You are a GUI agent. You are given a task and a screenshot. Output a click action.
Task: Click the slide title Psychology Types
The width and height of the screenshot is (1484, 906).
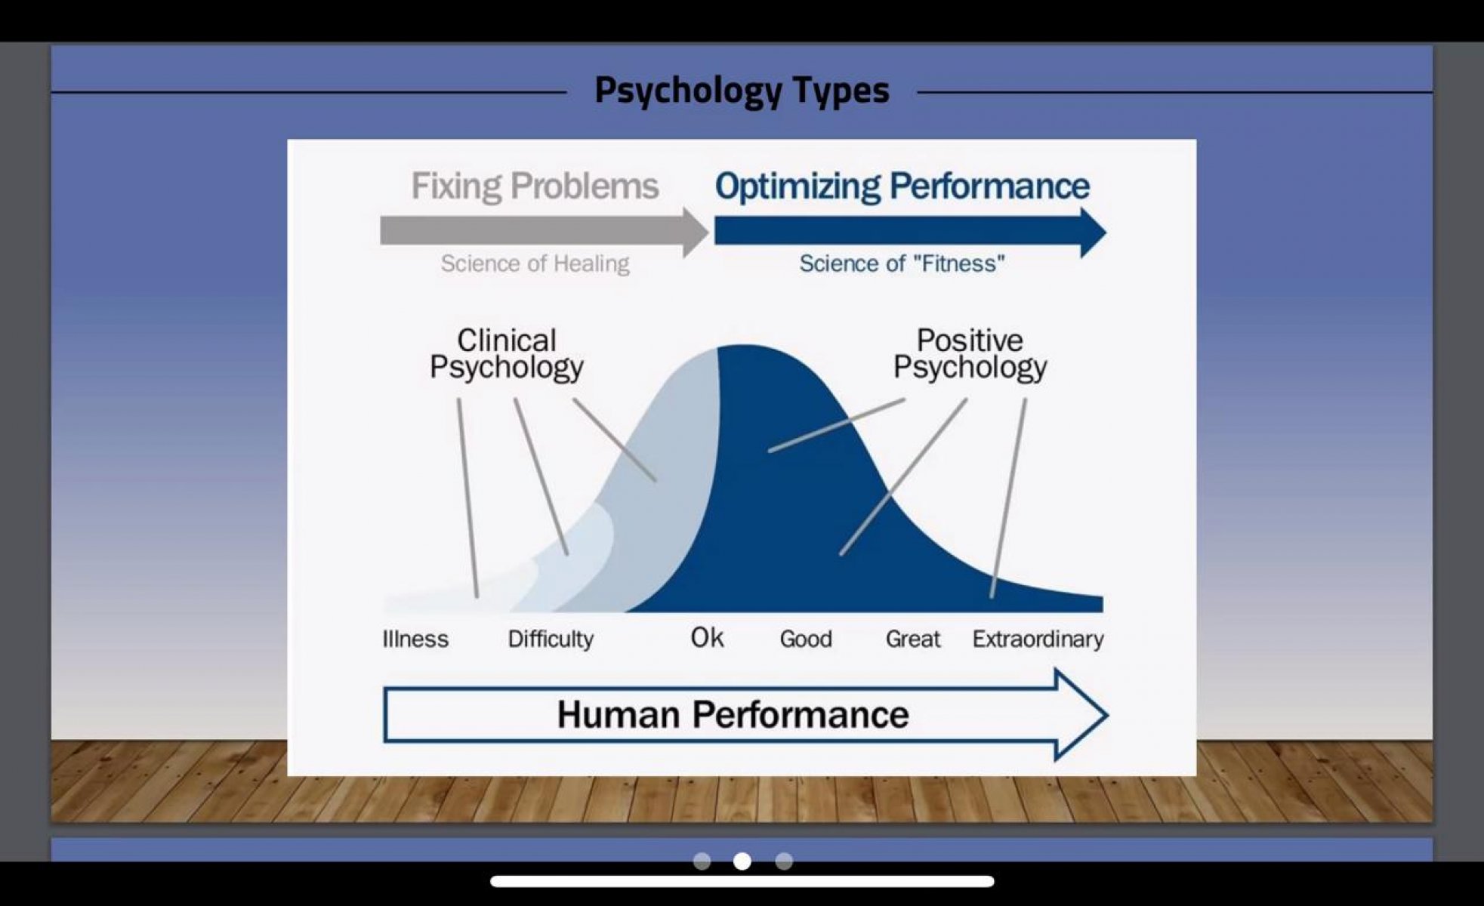pyautogui.click(x=742, y=91)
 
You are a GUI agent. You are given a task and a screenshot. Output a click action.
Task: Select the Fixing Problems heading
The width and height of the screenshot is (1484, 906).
pyautogui.click(x=535, y=186)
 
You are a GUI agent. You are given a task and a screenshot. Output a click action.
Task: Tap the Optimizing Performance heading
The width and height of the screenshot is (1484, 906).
pyautogui.click(x=902, y=186)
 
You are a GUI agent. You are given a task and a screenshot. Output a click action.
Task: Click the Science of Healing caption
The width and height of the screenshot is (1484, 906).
pyautogui.click(x=535, y=263)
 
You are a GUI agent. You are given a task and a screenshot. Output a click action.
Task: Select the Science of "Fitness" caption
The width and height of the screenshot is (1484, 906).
pyautogui.click(x=902, y=263)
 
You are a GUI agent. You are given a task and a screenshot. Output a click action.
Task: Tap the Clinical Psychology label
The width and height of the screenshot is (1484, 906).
pyautogui.click(x=507, y=354)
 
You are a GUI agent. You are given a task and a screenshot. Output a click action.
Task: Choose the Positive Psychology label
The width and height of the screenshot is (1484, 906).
pyautogui.click(x=970, y=354)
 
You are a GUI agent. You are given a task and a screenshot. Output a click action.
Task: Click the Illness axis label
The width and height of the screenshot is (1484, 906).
pyautogui.click(x=415, y=639)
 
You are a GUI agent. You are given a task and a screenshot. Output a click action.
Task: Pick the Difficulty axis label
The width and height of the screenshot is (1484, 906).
pyautogui.click(x=551, y=639)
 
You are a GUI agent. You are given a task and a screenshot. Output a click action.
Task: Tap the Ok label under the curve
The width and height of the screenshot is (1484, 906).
pyautogui.click(x=707, y=638)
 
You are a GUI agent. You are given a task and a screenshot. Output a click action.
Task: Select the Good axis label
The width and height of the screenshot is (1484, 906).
pyautogui.click(x=806, y=639)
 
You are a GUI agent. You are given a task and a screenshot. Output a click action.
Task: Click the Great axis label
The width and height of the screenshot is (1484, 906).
pyautogui.click(x=913, y=639)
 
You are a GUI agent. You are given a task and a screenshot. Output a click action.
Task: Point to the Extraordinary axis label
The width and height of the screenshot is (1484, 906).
pyautogui.click(x=1038, y=639)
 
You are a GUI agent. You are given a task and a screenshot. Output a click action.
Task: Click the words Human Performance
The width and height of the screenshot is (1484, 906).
pyautogui.click(x=733, y=714)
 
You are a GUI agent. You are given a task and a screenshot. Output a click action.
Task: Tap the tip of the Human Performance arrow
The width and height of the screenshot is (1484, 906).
pyautogui.click(x=1108, y=714)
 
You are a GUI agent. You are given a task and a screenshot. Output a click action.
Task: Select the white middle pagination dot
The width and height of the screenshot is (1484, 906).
pyautogui.click(x=742, y=861)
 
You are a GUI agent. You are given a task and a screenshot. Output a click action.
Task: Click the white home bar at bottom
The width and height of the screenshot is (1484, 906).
pyautogui.click(x=742, y=881)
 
